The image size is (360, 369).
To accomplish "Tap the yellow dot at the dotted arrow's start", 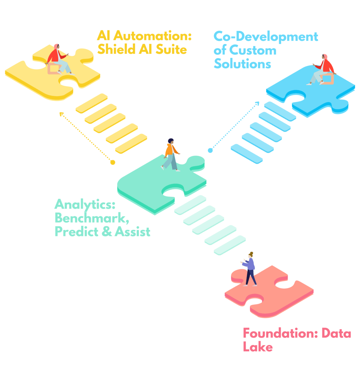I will [113, 162].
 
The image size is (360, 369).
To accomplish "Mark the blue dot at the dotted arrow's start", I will [210, 150].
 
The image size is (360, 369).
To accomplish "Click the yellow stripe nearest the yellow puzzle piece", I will [91, 104].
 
